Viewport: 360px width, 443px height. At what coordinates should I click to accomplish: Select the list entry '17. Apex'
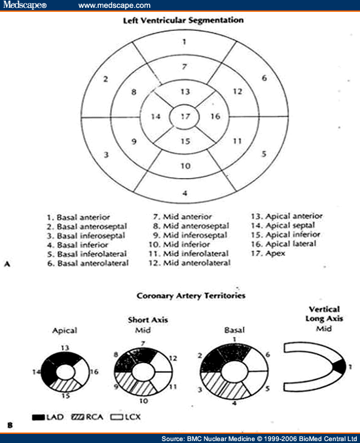coord(268,253)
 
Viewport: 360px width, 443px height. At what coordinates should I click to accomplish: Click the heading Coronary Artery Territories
coord(190,296)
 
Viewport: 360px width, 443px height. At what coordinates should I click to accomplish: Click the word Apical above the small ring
coord(65,332)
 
